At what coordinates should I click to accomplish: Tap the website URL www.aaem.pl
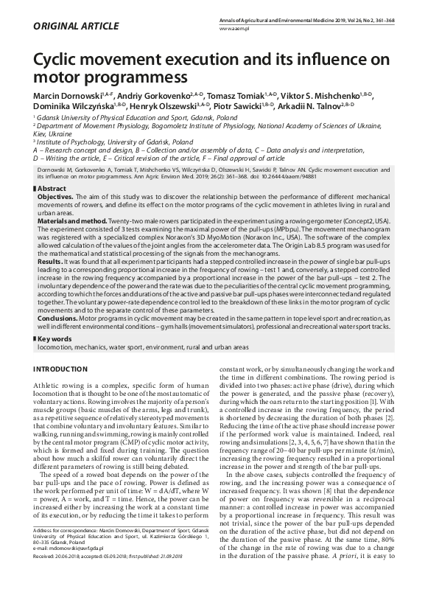point(235,27)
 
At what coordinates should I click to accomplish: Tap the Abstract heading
point(52,189)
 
